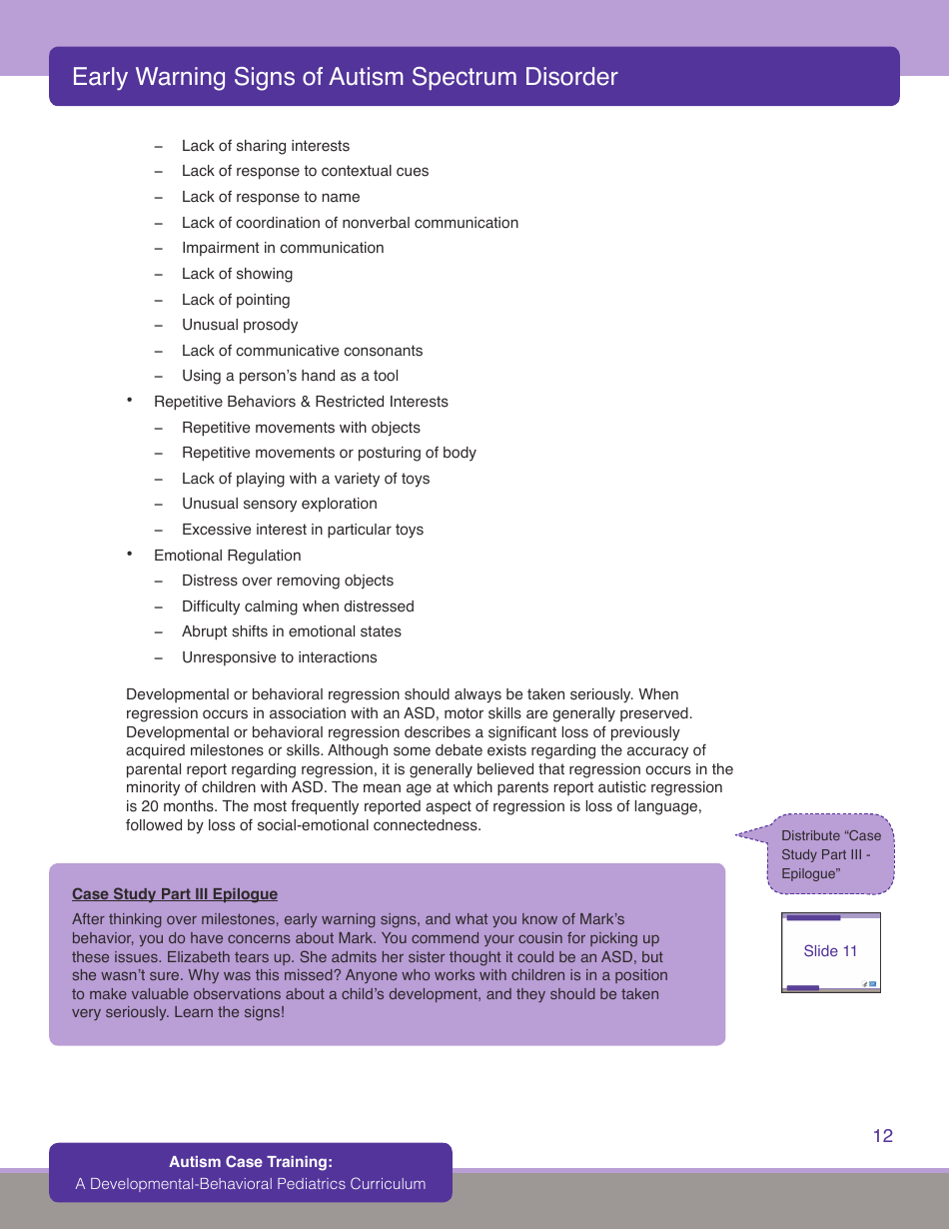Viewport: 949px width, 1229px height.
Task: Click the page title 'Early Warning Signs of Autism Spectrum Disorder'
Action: point(345,77)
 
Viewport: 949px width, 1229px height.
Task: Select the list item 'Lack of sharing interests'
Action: point(266,146)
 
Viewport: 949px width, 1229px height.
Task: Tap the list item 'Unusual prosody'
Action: point(240,325)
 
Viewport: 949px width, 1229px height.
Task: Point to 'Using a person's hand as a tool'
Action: point(290,376)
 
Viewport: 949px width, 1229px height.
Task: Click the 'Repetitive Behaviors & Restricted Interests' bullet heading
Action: point(301,402)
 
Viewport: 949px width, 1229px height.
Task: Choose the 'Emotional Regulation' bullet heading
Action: point(227,556)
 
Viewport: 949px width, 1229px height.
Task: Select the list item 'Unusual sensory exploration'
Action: point(280,504)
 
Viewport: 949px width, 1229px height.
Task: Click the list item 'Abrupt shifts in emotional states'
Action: point(292,631)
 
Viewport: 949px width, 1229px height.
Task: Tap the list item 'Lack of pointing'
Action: point(236,300)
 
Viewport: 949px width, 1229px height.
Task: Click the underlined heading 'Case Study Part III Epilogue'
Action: point(175,894)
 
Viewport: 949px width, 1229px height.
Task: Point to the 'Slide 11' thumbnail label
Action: point(830,951)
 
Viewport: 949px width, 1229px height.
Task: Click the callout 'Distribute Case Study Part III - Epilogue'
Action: point(831,854)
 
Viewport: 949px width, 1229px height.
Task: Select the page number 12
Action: point(882,1136)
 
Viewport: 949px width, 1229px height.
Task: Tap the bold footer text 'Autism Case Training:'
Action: point(251,1162)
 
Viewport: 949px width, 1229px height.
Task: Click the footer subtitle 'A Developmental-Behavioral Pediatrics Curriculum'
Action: point(251,1184)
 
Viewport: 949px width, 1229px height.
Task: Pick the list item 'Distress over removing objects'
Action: point(288,581)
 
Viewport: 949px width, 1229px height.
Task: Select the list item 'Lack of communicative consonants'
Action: point(302,351)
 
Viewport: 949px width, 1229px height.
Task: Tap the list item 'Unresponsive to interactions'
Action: point(280,657)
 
